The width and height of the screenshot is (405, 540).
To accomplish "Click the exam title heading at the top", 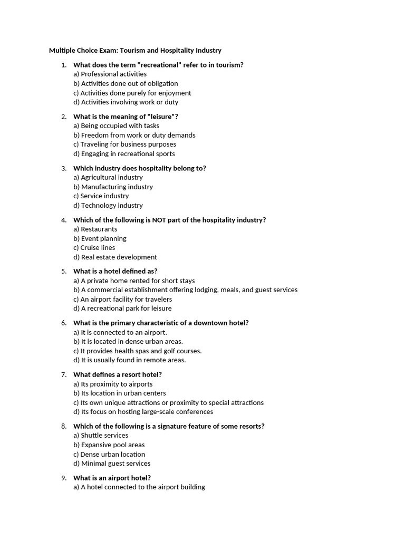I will [135, 51].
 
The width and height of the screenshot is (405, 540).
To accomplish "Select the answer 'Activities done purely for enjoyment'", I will [132, 93].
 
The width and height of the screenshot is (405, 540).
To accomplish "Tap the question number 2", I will [63, 117].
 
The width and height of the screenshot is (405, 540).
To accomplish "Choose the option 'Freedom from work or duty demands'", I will [134, 135].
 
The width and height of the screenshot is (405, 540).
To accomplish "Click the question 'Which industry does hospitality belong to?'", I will [140, 168].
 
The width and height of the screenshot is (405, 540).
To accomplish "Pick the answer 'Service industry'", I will [101, 196].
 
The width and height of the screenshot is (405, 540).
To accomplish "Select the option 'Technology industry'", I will [108, 205].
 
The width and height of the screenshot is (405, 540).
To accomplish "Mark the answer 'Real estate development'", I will [115, 257].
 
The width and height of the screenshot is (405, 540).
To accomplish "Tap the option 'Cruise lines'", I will [94, 247].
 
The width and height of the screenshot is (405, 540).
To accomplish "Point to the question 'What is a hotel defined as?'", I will [115, 271].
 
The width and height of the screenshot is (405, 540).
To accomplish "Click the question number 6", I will [63, 323].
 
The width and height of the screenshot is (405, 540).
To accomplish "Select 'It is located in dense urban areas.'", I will [128, 341].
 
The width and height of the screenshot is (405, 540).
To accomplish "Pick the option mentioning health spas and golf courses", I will [138, 351].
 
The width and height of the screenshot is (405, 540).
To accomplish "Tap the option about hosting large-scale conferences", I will [143, 412].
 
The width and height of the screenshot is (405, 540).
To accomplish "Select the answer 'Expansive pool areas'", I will [109, 445].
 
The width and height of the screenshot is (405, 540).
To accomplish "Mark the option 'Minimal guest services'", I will [112, 464].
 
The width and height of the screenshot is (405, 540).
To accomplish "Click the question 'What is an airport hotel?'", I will [112, 478].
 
